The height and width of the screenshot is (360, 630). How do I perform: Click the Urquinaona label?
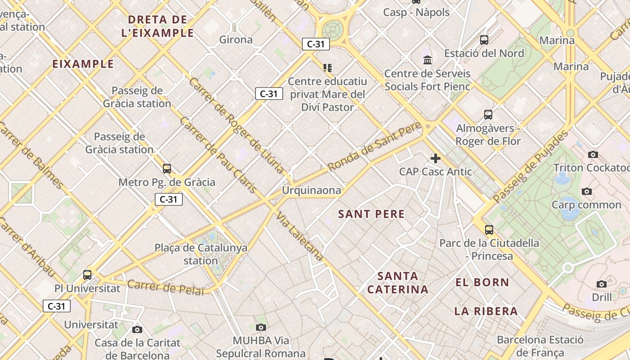[311, 190]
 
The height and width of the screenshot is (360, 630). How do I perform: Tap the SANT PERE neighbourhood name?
[371, 214]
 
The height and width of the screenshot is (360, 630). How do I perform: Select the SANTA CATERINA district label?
[398, 283]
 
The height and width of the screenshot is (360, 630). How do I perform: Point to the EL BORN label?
[482, 283]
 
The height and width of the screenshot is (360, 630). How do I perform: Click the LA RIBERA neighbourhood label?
[486, 311]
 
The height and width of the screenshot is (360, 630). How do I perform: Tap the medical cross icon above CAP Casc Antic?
[435, 158]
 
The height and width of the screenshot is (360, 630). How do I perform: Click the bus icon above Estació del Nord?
[484, 40]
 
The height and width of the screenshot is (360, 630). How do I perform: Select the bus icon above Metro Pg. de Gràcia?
[167, 169]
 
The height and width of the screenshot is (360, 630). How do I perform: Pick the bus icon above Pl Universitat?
[87, 274]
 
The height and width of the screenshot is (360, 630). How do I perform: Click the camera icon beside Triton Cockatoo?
[593, 155]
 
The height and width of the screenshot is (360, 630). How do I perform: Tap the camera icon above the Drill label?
[602, 284]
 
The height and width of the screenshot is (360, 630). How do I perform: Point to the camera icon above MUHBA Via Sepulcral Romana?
[261, 327]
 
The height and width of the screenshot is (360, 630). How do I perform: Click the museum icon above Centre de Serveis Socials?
[427, 60]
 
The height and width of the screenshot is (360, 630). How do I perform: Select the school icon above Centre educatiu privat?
[328, 68]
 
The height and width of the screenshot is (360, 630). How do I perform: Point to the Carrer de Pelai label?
[165, 287]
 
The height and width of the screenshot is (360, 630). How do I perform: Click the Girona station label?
[236, 40]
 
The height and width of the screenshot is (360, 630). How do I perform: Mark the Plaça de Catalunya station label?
[201, 254]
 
